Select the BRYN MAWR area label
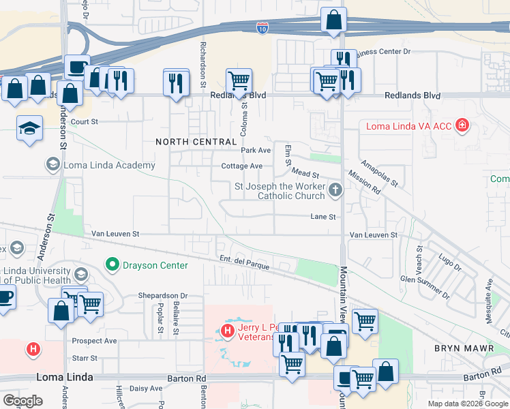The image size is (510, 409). (x=459, y=348)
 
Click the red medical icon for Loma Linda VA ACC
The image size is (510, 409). (x=463, y=126)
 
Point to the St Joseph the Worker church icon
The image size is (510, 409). (x=335, y=190)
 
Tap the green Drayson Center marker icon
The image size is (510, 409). (x=112, y=264)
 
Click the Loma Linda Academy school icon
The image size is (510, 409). (x=52, y=164)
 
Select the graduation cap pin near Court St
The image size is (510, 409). (x=29, y=128)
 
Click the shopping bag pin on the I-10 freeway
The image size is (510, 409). (x=333, y=20)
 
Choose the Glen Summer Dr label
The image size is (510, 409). (x=425, y=288)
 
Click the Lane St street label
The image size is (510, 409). (x=323, y=217)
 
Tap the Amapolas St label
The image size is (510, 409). (x=380, y=175)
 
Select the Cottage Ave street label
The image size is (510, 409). (x=241, y=166)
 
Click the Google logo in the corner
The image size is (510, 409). (x=22, y=400)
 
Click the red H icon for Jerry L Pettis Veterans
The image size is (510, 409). (x=228, y=332)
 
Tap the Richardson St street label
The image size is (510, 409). (x=202, y=66)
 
